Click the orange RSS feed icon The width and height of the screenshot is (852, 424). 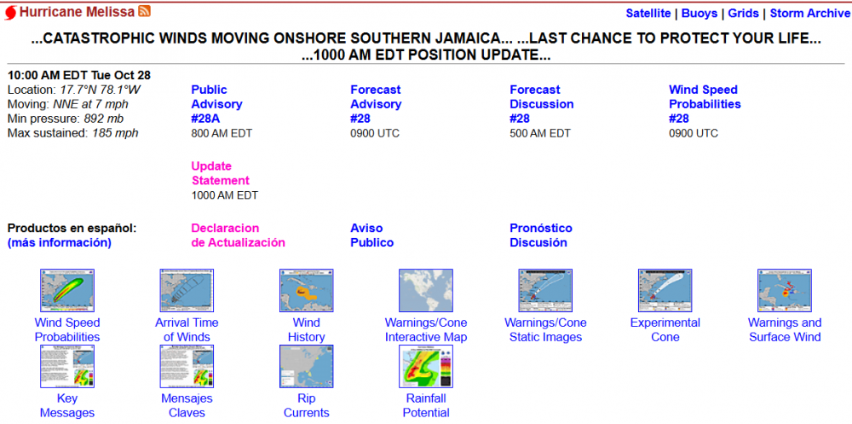point(145,11)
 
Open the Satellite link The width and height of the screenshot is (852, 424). point(648,13)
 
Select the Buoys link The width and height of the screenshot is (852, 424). point(699,13)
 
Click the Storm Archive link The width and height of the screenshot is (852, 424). point(809,13)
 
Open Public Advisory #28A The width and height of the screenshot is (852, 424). point(216,104)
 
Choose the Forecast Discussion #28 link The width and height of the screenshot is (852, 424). point(541,104)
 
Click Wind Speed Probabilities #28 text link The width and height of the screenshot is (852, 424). point(705,104)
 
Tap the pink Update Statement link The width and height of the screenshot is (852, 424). point(221,173)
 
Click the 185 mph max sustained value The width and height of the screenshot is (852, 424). point(115,133)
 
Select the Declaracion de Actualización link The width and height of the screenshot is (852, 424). point(238,235)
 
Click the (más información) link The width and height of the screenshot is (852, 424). point(60,243)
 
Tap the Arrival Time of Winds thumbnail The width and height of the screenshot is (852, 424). point(187,291)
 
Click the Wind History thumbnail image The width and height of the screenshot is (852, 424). point(306,291)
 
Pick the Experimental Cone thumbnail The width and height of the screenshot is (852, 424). point(665,291)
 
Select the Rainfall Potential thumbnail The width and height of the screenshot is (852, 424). point(426,366)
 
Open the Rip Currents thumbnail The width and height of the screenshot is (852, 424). point(306,366)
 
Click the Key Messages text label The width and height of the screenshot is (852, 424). point(67,405)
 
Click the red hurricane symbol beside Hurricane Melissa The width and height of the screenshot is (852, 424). point(10,13)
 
